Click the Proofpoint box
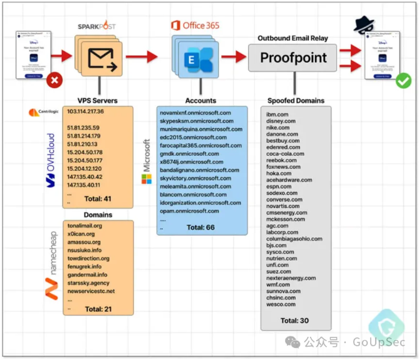pos(294,58)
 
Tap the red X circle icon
pos(55,80)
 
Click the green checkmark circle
pos(403,80)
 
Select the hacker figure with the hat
pos(366,23)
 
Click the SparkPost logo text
pos(97,26)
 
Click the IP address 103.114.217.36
pos(86,111)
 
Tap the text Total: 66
pos(200,227)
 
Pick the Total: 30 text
pos(294,321)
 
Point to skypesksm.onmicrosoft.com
pos(195,121)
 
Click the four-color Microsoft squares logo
pos(146,180)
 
